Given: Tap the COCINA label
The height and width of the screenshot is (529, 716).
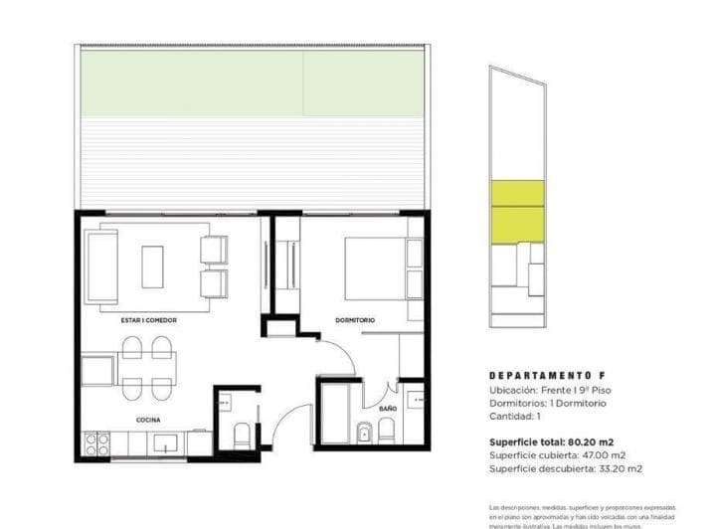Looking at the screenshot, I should click(x=148, y=421).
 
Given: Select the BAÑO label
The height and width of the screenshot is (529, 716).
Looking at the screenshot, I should click(x=388, y=409).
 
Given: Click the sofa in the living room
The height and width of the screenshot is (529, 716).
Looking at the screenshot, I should click(x=101, y=266).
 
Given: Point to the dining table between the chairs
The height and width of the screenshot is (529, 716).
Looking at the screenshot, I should click(x=147, y=366).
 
